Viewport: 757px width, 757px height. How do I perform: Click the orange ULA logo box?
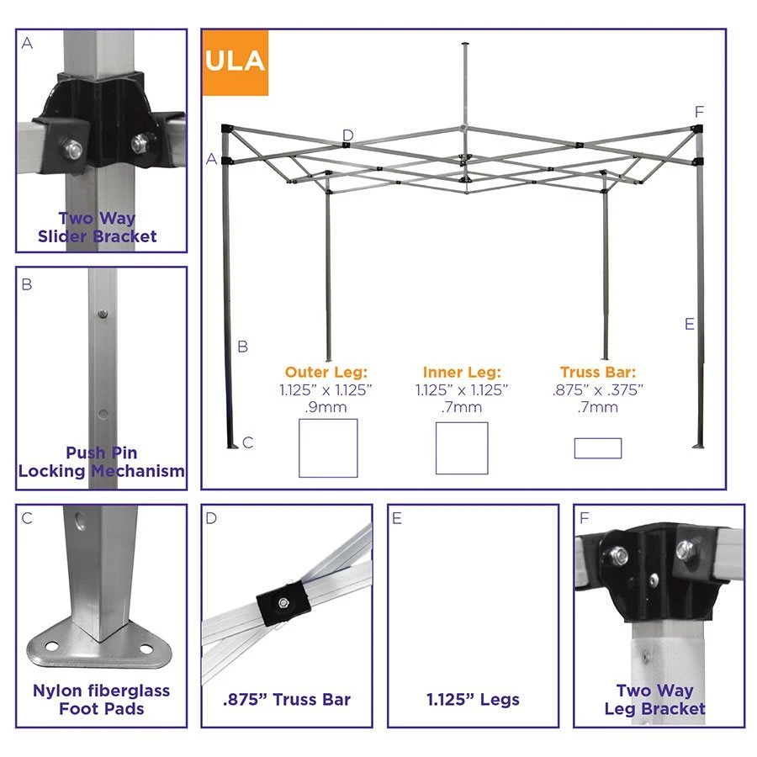click(x=235, y=62)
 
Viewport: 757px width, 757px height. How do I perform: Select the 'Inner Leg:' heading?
click(x=462, y=372)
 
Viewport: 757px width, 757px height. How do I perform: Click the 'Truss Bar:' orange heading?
click(x=597, y=372)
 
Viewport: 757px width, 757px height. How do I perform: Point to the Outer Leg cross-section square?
click(x=328, y=447)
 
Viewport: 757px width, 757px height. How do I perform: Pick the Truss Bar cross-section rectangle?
click(x=597, y=448)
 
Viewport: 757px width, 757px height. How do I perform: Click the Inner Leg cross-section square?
click(x=462, y=448)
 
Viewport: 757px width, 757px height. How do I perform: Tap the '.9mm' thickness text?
click(x=328, y=408)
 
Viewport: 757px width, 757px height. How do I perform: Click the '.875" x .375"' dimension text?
click(x=597, y=389)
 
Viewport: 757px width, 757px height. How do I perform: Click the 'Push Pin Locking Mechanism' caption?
click(x=101, y=462)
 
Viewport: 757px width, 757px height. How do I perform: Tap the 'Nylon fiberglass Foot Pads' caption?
click(x=101, y=699)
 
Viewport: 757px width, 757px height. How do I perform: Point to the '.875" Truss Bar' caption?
click(x=287, y=699)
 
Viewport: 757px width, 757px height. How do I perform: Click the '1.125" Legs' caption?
click(x=472, y=699)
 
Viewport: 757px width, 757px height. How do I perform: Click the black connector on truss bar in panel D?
click(x=282, y=602)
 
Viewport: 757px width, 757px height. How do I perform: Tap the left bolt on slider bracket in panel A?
click(x=74, y=150)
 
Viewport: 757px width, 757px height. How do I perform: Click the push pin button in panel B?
click(x=102, y=314)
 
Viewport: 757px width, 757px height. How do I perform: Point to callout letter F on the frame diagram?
click(x=700, y=112)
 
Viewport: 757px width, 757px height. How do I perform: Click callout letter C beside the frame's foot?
click(x=248, y=442)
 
